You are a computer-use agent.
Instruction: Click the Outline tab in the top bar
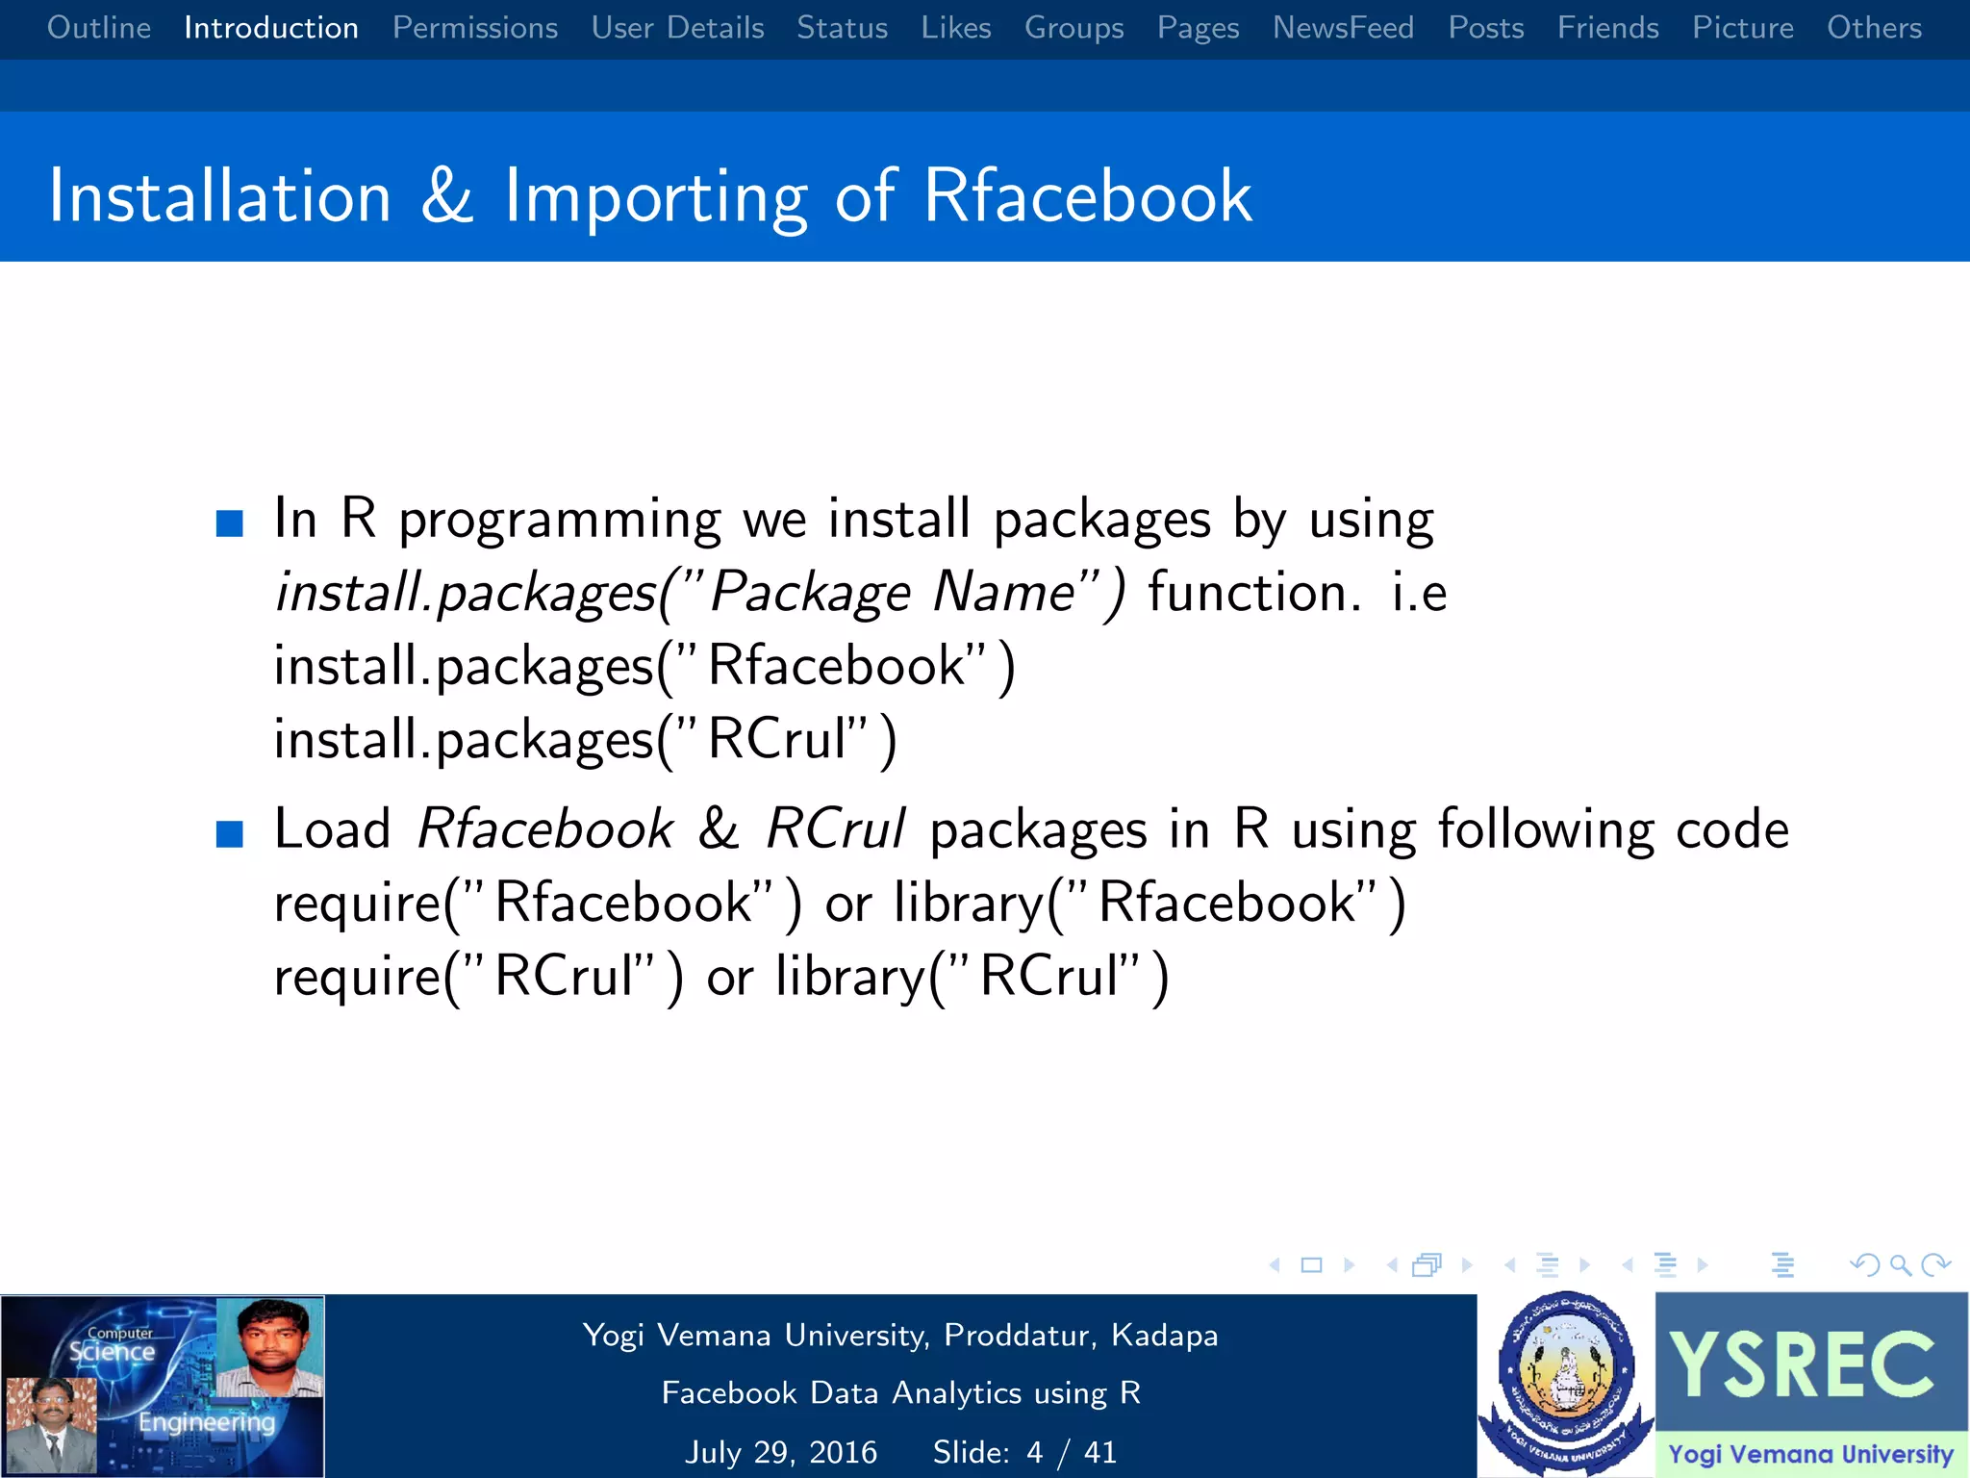pyautogui.click(x=99, y=28)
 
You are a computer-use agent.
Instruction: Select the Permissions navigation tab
pyautogui.click(x=475, y=28)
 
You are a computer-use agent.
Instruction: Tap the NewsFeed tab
pyautogui.click(x=1343, y=28)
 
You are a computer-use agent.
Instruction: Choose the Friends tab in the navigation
pyautogui.click(x=1607, y=28)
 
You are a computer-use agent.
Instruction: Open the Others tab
pyautogui.click(x=1874, y=28)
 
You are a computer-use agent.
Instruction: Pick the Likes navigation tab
pyautogui.click(x=955, y=28)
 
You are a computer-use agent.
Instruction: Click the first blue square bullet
pyautogui.click(x=230, y=523)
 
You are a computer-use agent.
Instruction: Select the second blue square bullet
pyautogui.click(x=230, y=833)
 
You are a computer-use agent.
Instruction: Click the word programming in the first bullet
pyautogui.click(x=560, y=521)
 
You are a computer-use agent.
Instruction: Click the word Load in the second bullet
pyautogui.click(x=332, y=828)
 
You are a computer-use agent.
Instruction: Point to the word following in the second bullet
pyautogui.click(x=1546, y=828)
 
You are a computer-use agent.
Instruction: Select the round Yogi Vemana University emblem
pyautogui.click(x=1566, y=1384)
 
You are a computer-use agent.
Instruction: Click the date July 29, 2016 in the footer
pyautogui.click(x=781, y=1452)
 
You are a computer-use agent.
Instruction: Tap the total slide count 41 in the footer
pyautogui.click(x=1100, y=1452)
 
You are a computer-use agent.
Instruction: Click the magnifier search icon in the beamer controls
pyautogui.click(x=1900, y=1264)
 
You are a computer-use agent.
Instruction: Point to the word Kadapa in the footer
pyautogui.click(x=1164, y=1336)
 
